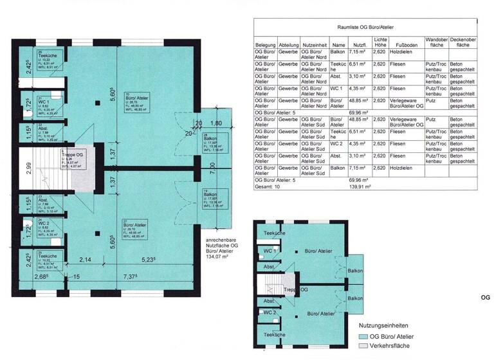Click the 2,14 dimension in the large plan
pyautogui.click(x=86, y=260)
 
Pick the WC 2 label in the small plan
pyautogui.click(x=270, y=312)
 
